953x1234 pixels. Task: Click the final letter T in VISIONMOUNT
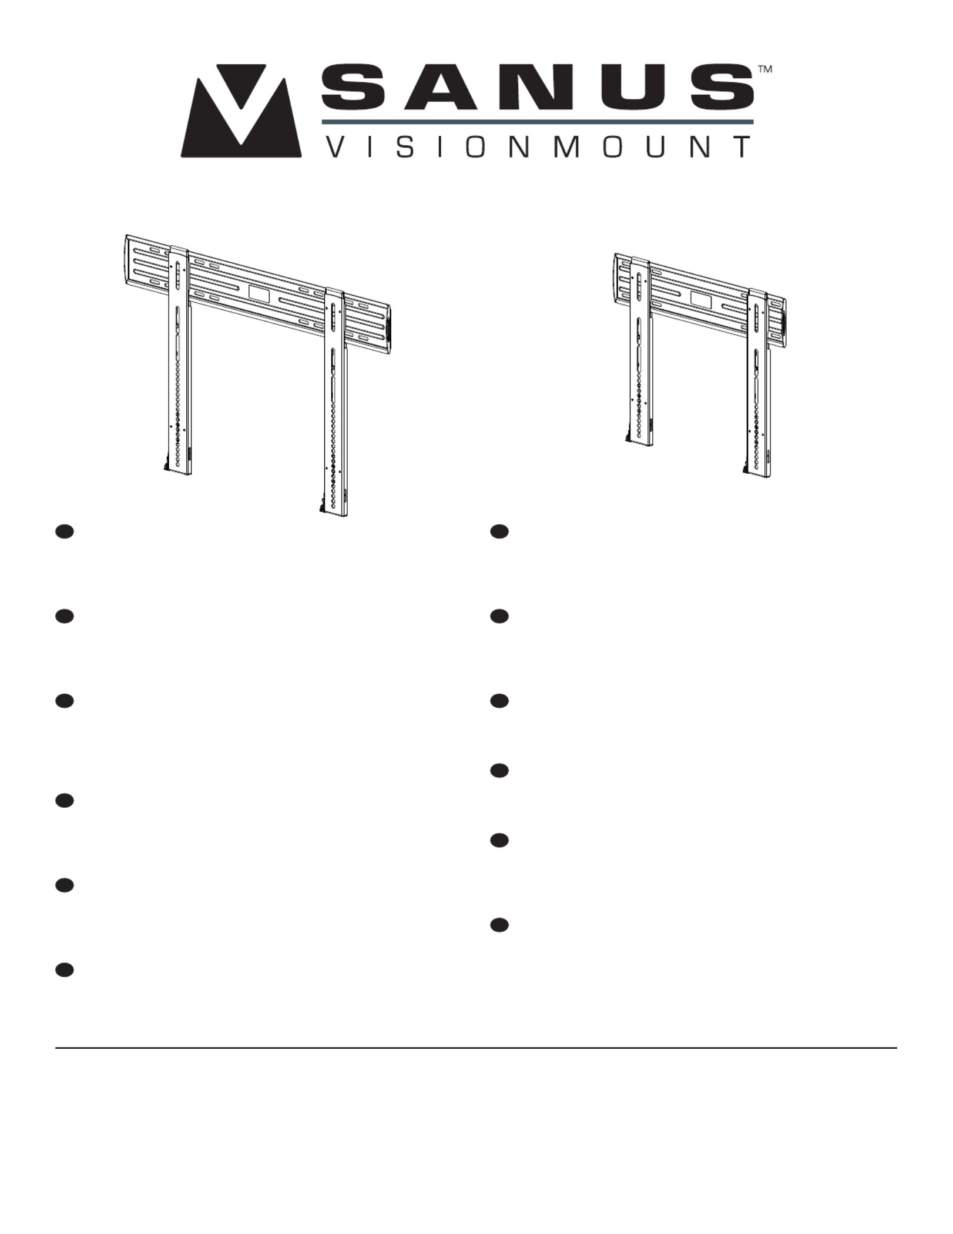[x=741, y=147]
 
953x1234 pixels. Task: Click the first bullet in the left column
[x=64, y=531]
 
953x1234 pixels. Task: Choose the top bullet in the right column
[x=499, y=531]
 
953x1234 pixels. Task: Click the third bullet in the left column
[x=64, y=701]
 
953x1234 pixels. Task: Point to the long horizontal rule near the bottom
[x=476, y=1048]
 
